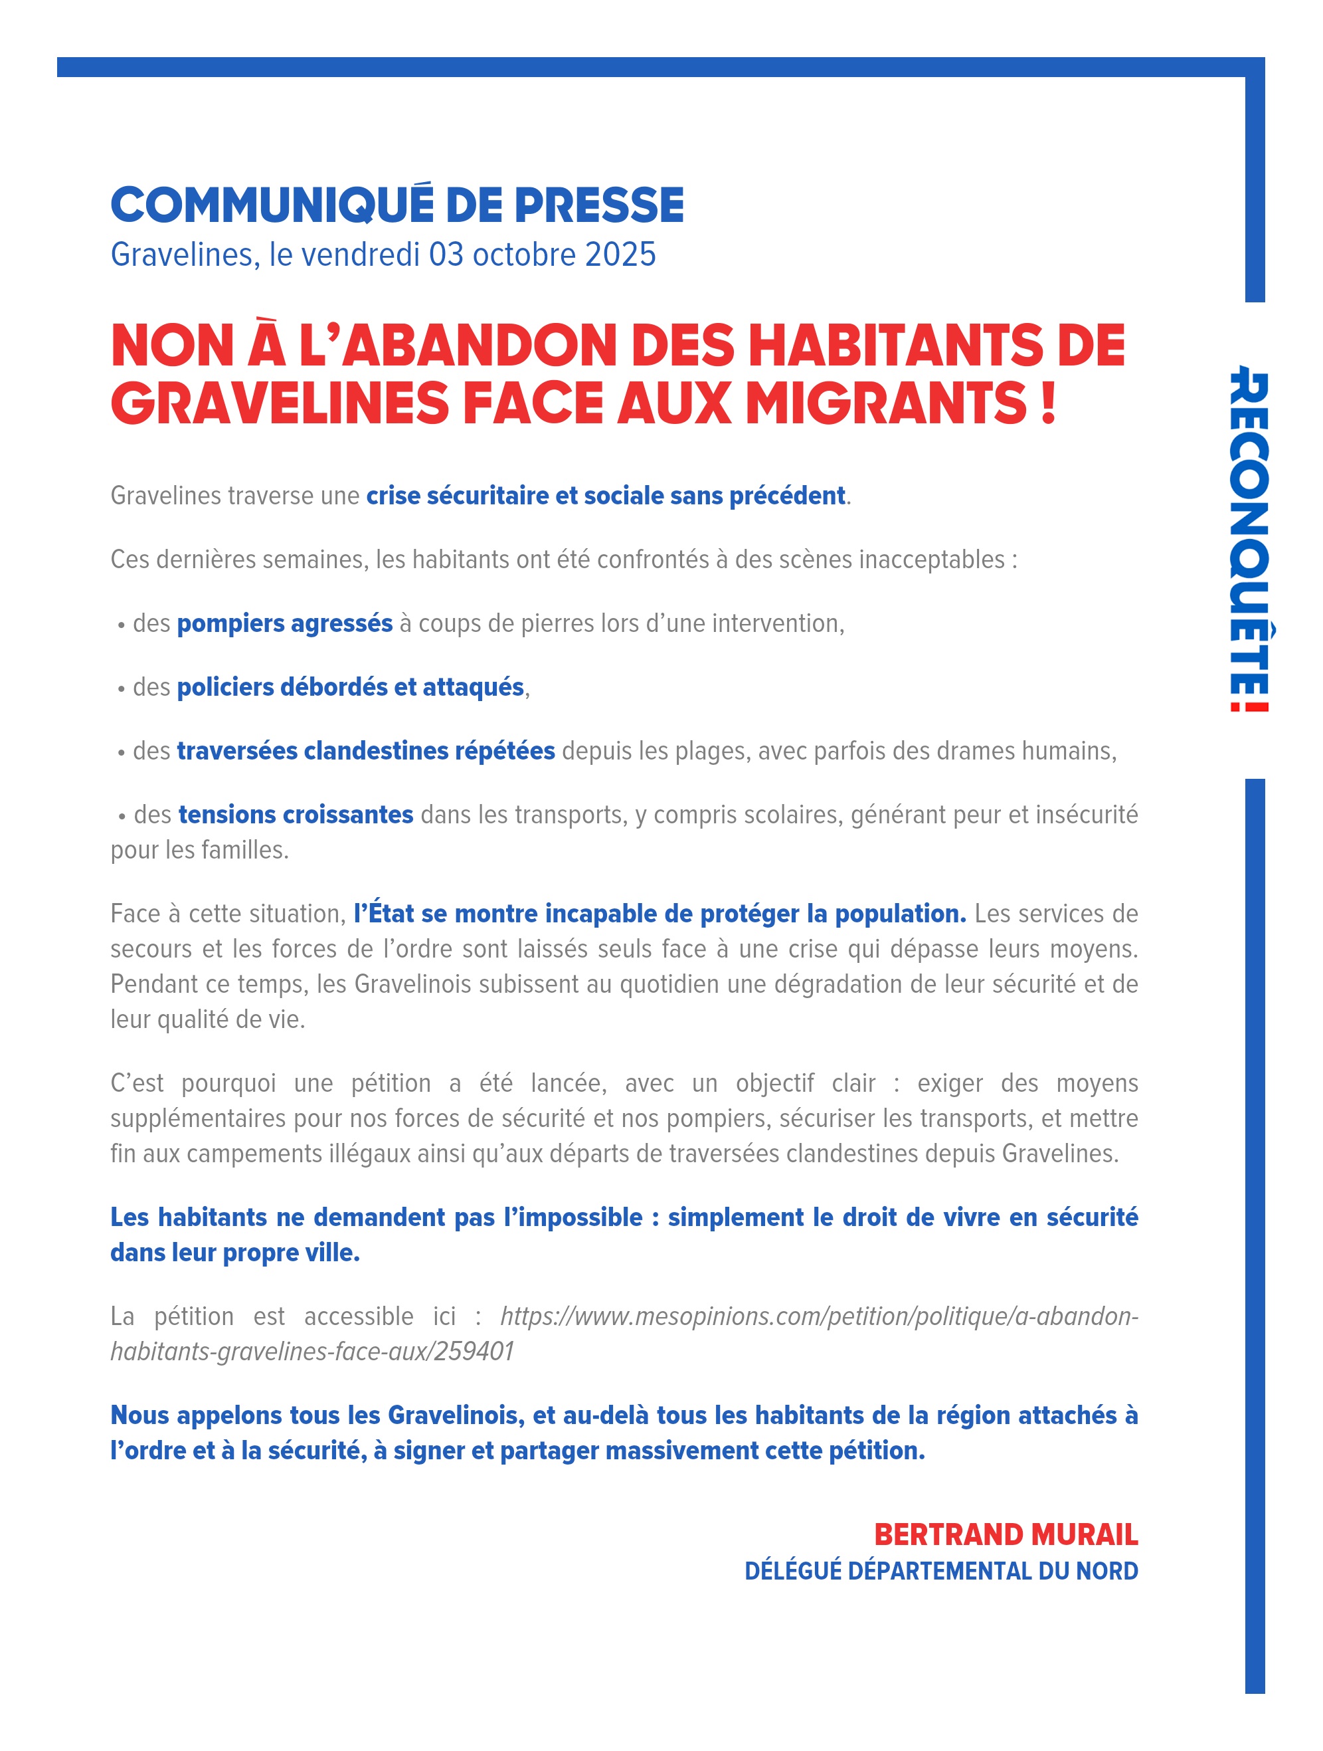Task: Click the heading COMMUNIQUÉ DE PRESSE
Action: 397,205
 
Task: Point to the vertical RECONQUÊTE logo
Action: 1249,538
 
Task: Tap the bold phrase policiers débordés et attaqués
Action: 350,686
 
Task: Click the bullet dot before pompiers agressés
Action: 121,625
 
